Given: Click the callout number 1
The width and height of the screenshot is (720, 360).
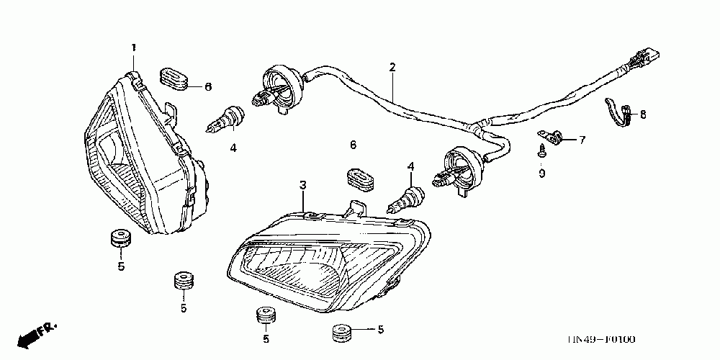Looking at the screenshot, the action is click(x=133, y=48).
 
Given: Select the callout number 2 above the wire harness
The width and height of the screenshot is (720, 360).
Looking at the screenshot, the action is click(x=392, y=68).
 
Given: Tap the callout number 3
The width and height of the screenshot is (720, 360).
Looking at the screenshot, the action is click(x=304, y=186).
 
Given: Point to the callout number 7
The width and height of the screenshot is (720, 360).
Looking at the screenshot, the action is click(x=582, y=140).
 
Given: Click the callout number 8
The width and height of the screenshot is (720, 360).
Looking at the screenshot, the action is click(x=643, y=114).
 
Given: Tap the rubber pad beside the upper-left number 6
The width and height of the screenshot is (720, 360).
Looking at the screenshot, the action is click(x=174, y=78).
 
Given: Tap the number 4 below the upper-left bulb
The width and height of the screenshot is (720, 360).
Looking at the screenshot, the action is click(x=233, y=148).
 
